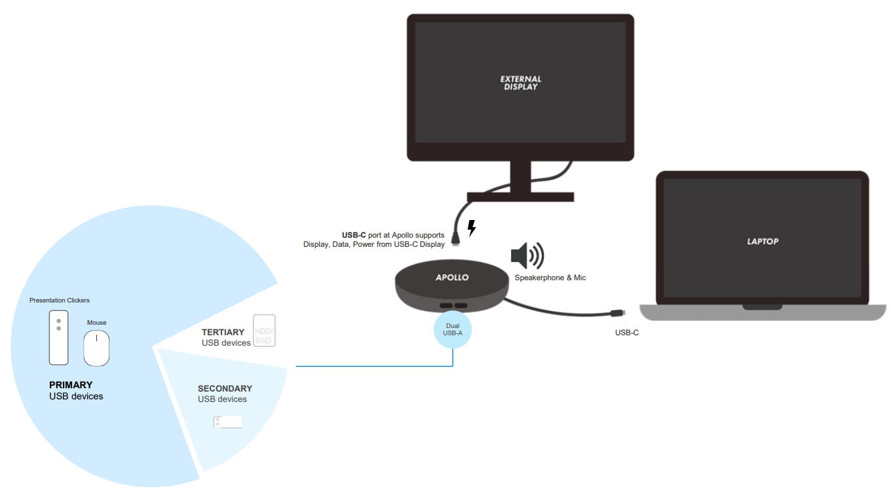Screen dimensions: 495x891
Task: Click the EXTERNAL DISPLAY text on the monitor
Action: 520,82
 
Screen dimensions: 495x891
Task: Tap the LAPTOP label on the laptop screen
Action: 763,242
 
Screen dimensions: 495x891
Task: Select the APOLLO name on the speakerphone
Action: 452,278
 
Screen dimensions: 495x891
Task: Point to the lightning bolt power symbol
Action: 471,229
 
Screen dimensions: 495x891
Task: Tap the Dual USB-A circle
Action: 453,330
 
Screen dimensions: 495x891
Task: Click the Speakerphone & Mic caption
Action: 550,278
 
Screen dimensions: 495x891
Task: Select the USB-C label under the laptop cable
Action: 626,333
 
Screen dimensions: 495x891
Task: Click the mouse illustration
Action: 96,347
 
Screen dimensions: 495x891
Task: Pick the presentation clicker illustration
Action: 58,337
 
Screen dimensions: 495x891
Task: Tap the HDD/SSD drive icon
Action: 263,331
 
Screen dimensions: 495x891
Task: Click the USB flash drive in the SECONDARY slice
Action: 228,422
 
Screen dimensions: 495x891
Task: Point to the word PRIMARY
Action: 71,385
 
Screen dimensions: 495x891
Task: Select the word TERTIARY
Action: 223,333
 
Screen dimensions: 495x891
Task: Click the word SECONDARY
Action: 225,388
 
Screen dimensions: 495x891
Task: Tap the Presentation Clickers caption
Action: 59,301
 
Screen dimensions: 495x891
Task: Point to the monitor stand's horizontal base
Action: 520,196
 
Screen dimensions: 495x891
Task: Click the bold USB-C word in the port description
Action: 354,234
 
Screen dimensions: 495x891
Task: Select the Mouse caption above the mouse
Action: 96,323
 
